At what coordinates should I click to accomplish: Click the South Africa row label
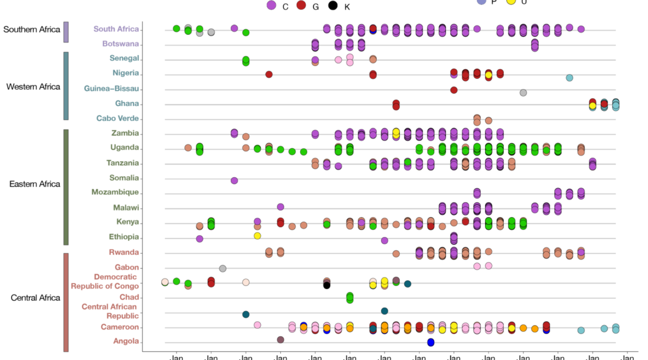coord(116,29)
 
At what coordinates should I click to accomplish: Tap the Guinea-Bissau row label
coord(111,89)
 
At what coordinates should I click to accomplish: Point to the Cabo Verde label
coord(117,119)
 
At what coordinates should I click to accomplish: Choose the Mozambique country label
coord(115,192)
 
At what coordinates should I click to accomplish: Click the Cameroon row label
coord(120,327)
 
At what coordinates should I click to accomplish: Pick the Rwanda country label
coord(125,253)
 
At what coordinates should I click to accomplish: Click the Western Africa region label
coord(33,86)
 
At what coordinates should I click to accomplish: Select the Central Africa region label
coord(35,298)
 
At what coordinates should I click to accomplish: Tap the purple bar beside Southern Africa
coord(66,32)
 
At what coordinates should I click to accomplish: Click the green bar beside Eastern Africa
coord(66,187)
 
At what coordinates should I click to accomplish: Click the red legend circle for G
coord(301,6)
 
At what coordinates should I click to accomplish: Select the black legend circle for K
coord(332,6)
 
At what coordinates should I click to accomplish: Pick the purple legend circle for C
coord(271,6)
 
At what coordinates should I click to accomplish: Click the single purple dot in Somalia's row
coord(234,181)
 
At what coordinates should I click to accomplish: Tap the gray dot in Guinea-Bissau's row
coord(523,92)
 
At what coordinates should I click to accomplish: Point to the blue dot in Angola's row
coord(430,342)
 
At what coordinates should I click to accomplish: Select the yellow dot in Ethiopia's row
coord(257,236)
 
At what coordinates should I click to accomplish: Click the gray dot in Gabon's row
coord(223,269)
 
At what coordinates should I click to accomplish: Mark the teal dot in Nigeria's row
coord(569,78)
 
